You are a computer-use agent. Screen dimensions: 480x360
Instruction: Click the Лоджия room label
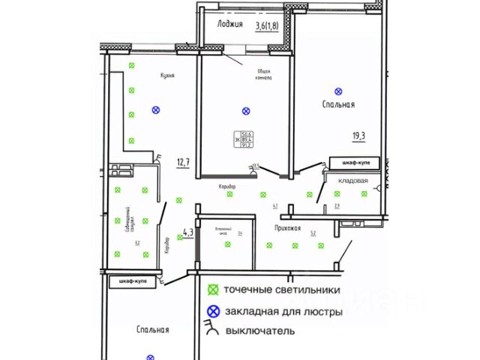click(229, 25)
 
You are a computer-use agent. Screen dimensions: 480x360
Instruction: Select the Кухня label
click(167, 75)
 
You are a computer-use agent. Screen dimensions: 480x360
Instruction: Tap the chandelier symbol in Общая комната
click(246, 111)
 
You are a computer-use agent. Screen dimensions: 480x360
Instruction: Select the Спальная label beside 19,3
click(338, 105)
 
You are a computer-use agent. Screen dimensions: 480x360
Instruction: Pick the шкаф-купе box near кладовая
click(355, 162)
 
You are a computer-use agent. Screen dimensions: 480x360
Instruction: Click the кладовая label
click(352, 180)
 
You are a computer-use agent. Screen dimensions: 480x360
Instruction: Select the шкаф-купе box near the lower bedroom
click(133, 281)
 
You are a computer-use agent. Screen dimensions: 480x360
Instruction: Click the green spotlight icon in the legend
click(213, 289)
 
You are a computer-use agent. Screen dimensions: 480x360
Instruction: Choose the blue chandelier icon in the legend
click(213, 310)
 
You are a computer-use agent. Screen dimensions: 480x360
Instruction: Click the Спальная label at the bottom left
click(153, 329)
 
